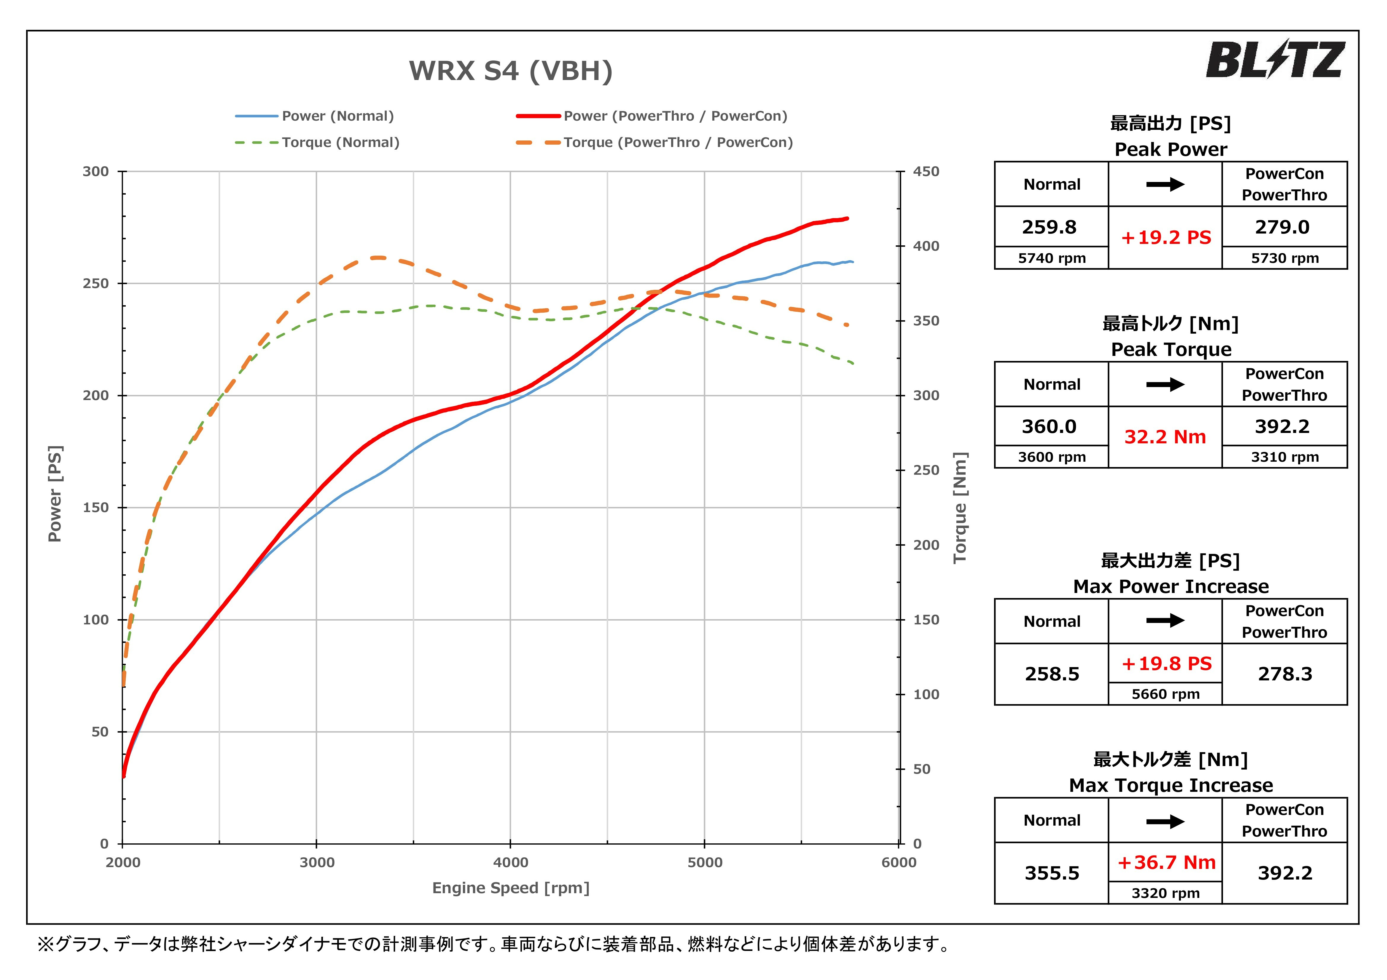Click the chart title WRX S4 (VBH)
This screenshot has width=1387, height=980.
pyautogui.click(x=510, y=71)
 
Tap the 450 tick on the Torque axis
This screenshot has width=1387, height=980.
pyautogui.click(x=926, y=172)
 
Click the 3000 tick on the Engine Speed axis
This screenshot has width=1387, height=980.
pyautogui.click(x=316, y=862)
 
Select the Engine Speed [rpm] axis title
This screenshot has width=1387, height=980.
pyautogui.click(x=510, y=888)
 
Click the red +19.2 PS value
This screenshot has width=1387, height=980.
pyautogui.click(x=1165, y=237)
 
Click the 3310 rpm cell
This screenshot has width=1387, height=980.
pyautogui.click(x=1284, y=457)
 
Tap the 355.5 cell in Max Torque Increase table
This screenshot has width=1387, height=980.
pyautogui.click(x=1052, y=873)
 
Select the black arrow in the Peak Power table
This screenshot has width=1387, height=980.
pyautogui.click(x=1165, y=184)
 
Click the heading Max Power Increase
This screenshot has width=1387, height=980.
pyautogui.click(x=1171, y=586)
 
